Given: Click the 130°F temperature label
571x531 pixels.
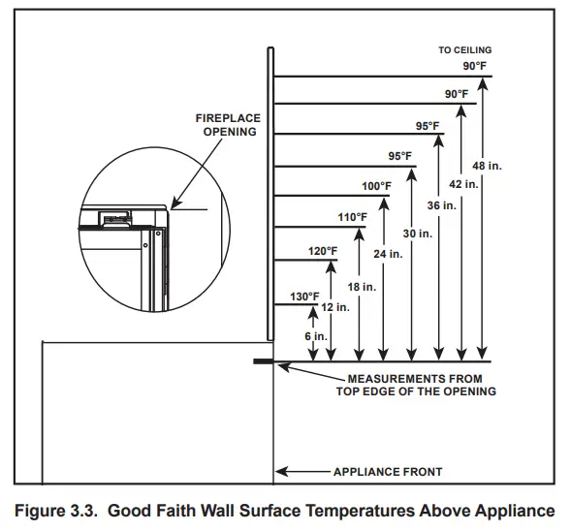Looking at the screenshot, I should (x=302, y=297).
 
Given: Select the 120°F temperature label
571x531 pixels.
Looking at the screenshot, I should (x=323, y=251).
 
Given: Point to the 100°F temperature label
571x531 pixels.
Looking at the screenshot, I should (x=376, y=186).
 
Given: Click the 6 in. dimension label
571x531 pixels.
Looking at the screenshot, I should (x=314, y=336).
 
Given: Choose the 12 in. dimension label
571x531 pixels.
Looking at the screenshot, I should (x=334, y=306).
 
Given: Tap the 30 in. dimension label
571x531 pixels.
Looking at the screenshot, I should (x=416, y=234).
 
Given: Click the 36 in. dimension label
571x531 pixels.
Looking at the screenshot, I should (x=441, y=205).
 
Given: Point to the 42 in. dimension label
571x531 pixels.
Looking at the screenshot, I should (x=465, y=183).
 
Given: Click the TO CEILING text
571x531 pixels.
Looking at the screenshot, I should (x=464, y=49).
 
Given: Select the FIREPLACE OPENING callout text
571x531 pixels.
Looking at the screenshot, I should (x=229, y=125).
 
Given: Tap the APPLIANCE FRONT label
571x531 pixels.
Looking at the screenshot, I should (x=388, y=472).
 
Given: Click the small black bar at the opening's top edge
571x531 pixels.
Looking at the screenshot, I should (x=263, y=362).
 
